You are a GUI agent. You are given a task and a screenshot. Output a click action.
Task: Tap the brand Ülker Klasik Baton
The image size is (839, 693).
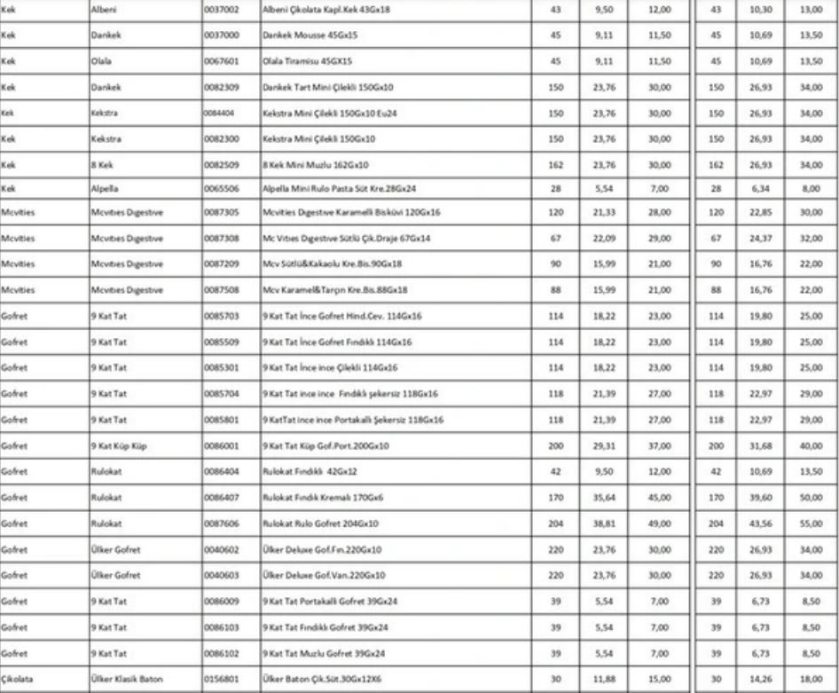pos(127,681)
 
